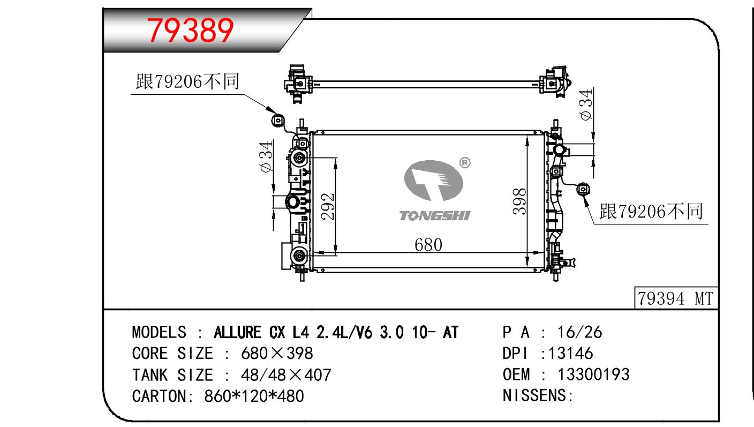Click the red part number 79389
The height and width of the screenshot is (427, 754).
190,31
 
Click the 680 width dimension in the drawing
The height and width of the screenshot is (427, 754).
428,244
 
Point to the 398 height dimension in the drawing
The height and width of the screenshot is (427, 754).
519,201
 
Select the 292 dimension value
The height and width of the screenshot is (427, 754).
328,206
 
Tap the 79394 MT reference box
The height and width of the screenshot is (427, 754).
676,298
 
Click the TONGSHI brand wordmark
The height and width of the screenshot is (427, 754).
434,216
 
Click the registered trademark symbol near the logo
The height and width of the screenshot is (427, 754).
465,163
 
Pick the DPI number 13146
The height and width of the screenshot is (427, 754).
570,353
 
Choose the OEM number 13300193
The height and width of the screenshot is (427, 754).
593,374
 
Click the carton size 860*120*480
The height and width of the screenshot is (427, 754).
254,396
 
